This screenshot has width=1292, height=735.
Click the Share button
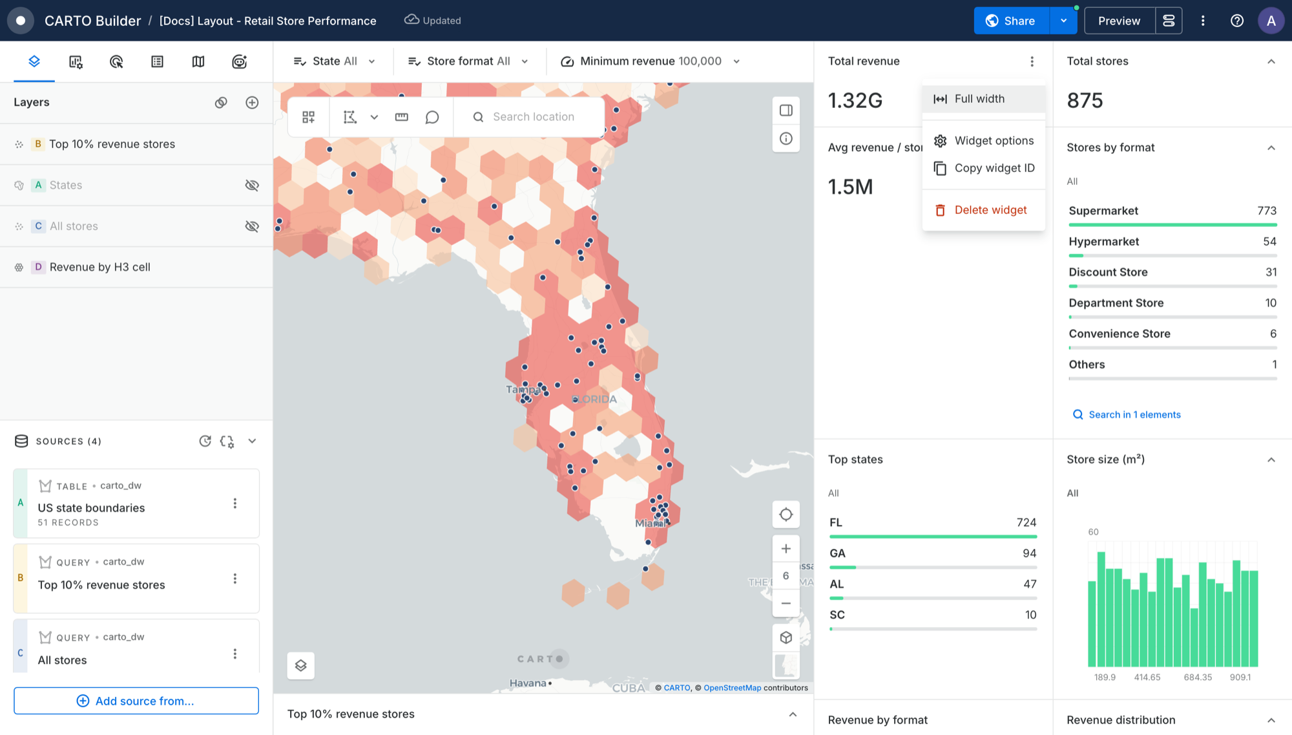point(1012,21)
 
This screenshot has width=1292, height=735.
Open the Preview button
point(1119,21)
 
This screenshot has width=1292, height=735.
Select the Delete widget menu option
point(983,210)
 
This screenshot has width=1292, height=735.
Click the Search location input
point(533,117)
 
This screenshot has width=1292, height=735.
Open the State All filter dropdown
point(334,61)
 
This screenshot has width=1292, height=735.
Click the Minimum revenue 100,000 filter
point(650,61)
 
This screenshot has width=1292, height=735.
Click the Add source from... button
point(136,701)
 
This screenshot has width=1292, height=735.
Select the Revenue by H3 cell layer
point(99,267)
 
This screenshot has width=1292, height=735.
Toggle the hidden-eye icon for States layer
point(252,186)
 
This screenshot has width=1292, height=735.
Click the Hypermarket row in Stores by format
point(1172,246)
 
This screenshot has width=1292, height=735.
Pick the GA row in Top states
point(933,557)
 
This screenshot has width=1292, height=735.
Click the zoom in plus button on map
point(786,549)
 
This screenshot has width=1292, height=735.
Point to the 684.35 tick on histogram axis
point(1198,677)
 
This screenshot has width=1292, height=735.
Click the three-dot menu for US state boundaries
point(235,503)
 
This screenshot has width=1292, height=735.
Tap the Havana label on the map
point(528,683)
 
